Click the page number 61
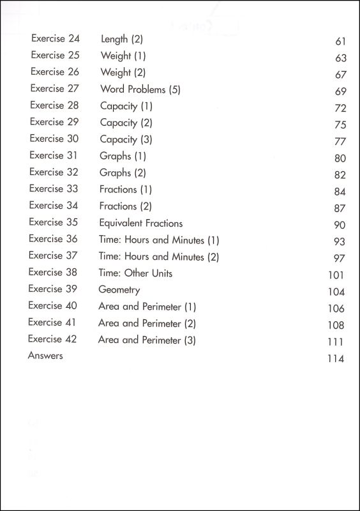[x=340, y=42]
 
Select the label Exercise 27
[x=55, y=89]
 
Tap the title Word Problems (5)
[x=140, y=89]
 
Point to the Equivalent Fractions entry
[x=140, y=223]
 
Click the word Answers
[x=45, y=356]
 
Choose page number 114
[x=335, y=359]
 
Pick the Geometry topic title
[x=119, y=289]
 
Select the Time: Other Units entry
[x=135, y=273]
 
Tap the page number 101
[x=335, y=275]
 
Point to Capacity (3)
[x=126, y=139]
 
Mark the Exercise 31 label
[x=54, y=155]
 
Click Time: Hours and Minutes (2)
[x=158, y=256]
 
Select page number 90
[x=339, y=225]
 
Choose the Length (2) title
[x=122, y=40]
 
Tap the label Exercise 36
[x=53, y=239]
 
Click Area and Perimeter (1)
[x=147, y=307]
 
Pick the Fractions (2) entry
[x=126, y=206]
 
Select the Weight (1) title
[x=123, y=56]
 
